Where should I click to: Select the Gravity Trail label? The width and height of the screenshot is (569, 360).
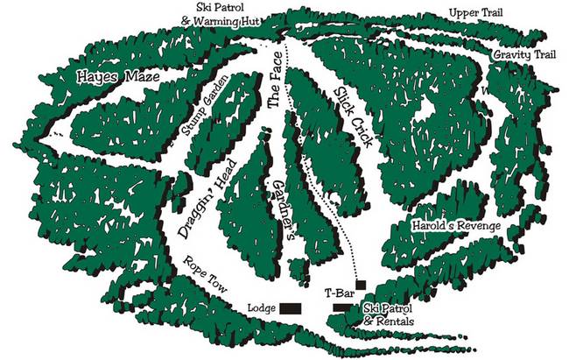coord(524,54)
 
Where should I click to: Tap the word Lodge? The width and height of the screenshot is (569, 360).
coord(262,308)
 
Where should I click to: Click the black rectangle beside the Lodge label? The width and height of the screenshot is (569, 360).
coord(290,308)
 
